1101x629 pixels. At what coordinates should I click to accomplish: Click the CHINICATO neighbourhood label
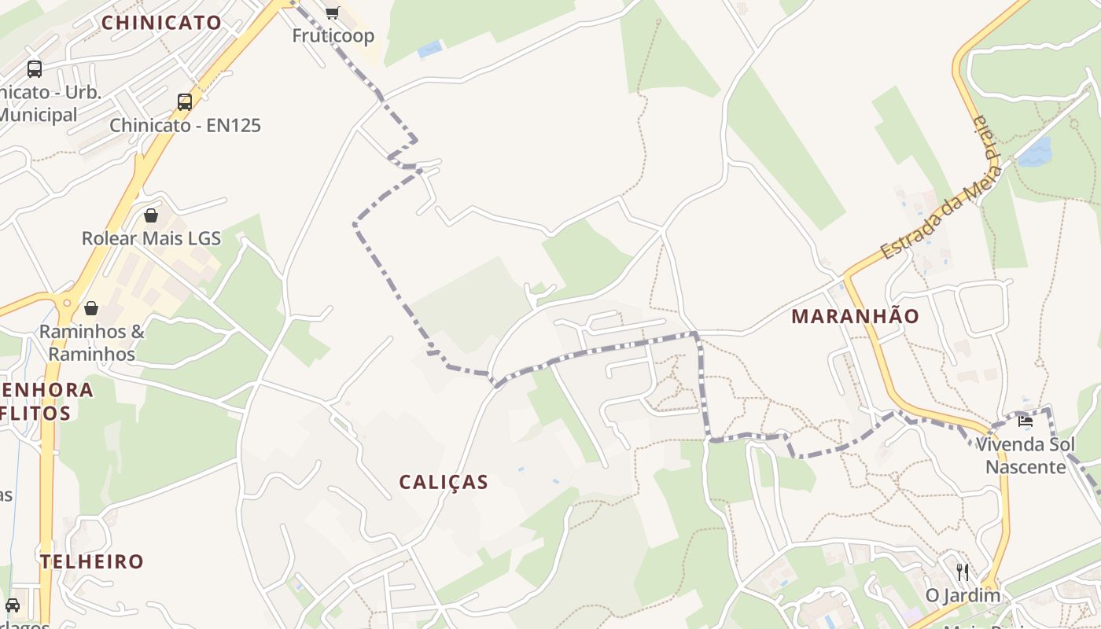click(161, 23)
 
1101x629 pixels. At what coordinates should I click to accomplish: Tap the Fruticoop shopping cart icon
click(332, 12)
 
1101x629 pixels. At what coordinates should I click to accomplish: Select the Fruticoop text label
click(333, 35)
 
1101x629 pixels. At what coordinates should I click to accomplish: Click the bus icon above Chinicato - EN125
click(185, 101)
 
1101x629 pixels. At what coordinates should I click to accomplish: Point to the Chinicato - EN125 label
click(185, 125)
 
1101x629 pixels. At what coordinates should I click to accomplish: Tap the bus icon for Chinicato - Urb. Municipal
click(35, 68)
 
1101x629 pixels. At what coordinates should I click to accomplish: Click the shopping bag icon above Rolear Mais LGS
click(151, 215)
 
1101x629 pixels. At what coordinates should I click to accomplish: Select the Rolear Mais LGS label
click(151, 238)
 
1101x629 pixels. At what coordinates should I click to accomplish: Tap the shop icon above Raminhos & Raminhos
click(91, 307)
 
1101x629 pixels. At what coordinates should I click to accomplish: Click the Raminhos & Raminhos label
click(91, 343)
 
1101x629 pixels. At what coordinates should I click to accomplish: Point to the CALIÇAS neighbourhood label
click(444, 482)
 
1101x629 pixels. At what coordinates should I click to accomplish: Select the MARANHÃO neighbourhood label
click(855, 316)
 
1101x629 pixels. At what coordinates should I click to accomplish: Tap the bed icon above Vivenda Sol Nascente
click(1025, 421)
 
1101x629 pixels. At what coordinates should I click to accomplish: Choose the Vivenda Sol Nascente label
click(1025, 456)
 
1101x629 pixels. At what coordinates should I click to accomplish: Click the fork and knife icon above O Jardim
click(963, 572)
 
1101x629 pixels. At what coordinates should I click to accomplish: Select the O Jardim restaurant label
click(963, 595)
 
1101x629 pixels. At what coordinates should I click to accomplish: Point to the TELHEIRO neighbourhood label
click(92, 561)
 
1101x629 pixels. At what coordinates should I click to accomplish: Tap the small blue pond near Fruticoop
click(429, 50)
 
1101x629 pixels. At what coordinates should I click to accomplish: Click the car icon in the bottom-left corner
click(13, 605)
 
